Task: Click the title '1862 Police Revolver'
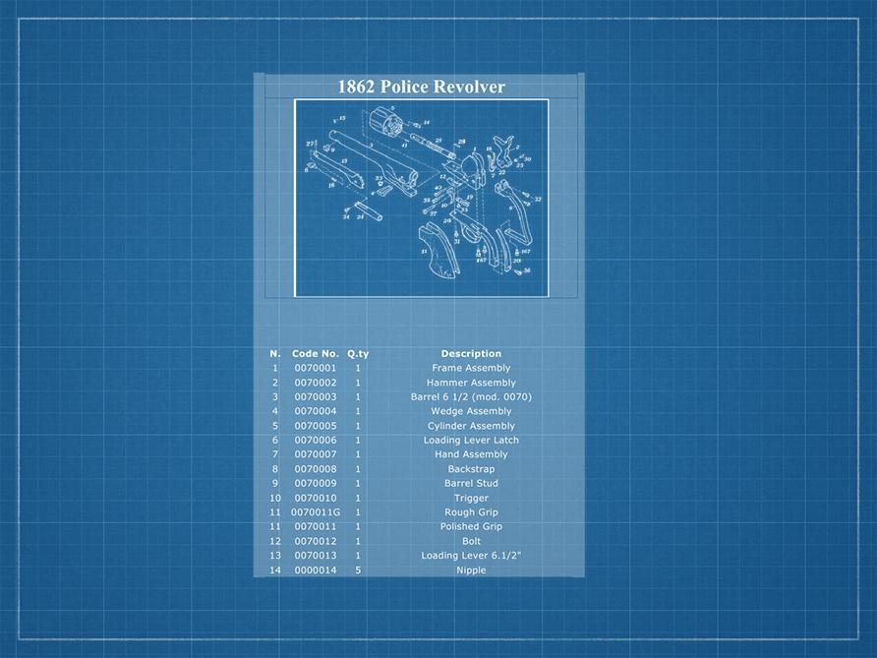[421, 87]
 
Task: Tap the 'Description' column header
[471, 354]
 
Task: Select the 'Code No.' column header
[315, 354]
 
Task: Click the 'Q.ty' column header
[358, 354]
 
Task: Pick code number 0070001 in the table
[315, 368]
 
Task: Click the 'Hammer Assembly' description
[471, 383]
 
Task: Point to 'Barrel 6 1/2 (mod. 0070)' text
[471, 397]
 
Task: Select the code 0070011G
[315, 512]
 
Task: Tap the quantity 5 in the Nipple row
[358, 570]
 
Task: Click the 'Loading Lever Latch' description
[471, 441]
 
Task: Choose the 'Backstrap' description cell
[471, 469]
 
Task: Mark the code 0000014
[315, 570]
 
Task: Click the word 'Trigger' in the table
[471, 498]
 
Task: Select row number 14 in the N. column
[275, 570]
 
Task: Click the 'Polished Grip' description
[471, 527]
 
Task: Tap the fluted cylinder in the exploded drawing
[391, 126]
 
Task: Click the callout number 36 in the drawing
[527, 270]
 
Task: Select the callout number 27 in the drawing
[311, 145]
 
